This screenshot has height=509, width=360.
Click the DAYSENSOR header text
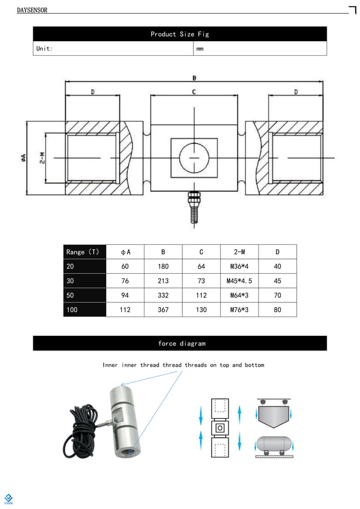(32, 10)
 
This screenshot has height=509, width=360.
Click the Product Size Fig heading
(179, 34)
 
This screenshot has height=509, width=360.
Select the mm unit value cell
(200, 49)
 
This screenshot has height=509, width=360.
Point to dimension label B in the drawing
(194, 78)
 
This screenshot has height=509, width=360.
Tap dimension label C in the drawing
(194, 91)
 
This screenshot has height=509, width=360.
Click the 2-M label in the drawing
(42, 158)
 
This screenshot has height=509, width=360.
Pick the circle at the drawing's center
(194, 157)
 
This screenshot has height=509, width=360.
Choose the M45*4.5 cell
(239, 281)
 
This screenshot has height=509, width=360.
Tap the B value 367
(163, 310)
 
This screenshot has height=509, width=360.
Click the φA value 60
(125, 266)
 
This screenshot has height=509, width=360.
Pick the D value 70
(277, 295)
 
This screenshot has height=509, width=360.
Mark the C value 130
(201, 310)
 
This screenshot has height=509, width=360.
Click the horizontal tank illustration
(275, 445)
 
